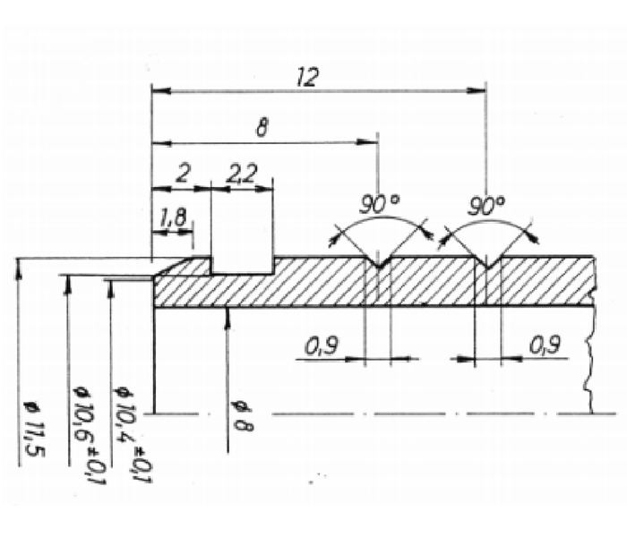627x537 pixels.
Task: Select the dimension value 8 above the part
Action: click(262, 128)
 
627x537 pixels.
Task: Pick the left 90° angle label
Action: click(379, 205)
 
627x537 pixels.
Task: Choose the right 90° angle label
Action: click(486, 206)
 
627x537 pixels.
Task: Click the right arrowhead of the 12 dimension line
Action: click(479, 89)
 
